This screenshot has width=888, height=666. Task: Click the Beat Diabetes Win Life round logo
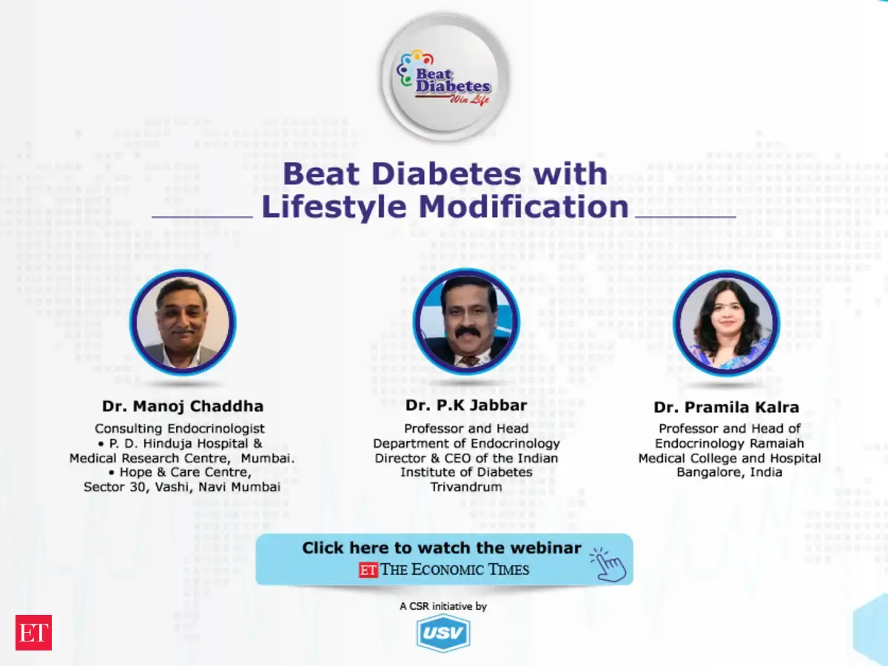445,77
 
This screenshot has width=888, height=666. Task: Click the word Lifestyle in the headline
334,207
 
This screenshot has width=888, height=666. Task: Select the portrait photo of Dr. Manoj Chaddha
183,323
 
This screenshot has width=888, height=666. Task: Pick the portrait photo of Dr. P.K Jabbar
466,321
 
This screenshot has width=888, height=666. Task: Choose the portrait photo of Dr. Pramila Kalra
727,323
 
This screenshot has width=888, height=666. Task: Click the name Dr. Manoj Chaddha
183,406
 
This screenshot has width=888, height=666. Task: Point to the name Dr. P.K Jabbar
466,406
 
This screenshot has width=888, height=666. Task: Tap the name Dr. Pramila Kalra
727,407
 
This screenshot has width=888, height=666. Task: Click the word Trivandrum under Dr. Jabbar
466,487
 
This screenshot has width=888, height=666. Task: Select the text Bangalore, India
730,472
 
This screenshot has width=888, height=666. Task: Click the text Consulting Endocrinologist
180,428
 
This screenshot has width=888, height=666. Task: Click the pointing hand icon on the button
608,565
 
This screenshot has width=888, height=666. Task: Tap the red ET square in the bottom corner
33,633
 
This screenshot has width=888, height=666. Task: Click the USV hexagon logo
443,633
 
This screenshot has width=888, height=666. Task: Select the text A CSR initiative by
443,606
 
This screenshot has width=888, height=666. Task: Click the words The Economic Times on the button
454,570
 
